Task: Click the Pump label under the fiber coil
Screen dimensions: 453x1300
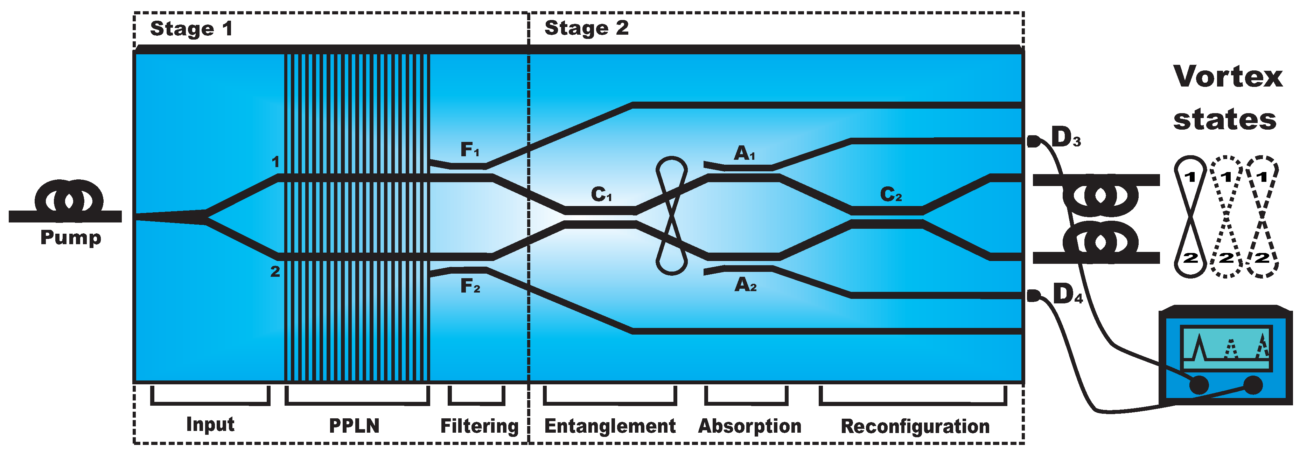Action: pos(71,237)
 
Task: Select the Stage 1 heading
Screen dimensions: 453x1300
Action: pos(191,29)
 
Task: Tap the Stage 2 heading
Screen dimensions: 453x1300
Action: pos(586,28)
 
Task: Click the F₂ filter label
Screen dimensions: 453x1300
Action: pos(470,286)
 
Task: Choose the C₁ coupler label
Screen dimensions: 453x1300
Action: pos(601,194)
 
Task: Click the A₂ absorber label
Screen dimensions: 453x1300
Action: pos(745,285)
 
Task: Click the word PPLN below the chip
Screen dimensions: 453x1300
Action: pos(354,426)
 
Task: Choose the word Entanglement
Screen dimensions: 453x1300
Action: pos(610,426)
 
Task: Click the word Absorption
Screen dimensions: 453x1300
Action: pos(749,426)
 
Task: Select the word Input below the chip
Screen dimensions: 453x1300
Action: pos(210,424)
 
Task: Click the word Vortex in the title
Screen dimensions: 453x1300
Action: pos(1227,77)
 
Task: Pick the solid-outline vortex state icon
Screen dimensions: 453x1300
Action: pos(1190,216)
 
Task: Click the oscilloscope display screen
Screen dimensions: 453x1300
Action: pos(1225,349)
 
